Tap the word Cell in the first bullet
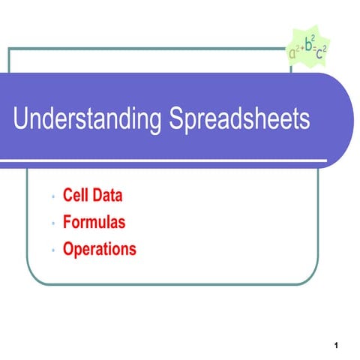pyautogui.click(x=76, y=196)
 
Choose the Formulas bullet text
pyautogui.click(x=94, y=223)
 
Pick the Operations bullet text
pyautogui.click(x=100, y=248)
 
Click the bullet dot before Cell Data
pyautogui.click(x=53, y=198)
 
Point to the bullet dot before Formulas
pyautogui.click(x=53, y=224)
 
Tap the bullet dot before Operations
pyautogui.click(x=53, y=250)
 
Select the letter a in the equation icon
pyautogui.click(x=293, y=55)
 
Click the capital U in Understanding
pyautogui.click(x=23, y=121)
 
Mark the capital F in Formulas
pyautogui.click(x=67, y=223)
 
